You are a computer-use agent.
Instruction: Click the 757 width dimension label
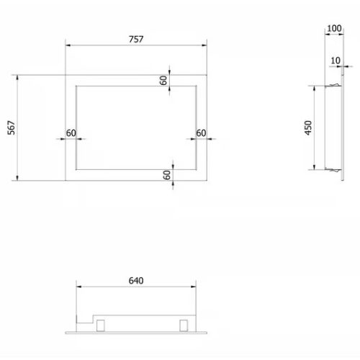[136, 39]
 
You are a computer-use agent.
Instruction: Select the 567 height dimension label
[12, 127]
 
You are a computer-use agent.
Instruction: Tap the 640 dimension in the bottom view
[136, 281]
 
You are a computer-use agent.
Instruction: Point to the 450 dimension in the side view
[308, 127]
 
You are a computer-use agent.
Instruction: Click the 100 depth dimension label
[334, 28]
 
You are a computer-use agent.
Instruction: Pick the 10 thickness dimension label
[336, 60]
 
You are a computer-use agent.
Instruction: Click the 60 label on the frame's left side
[71, 133]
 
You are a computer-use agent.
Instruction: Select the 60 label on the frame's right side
[201, 133]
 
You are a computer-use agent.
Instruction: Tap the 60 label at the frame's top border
[163, 81]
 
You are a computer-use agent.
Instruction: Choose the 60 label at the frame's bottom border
[167, 175]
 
